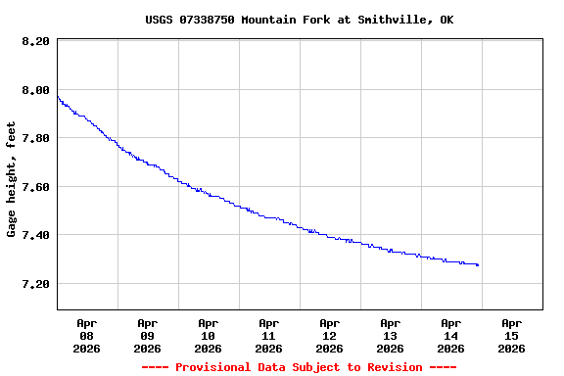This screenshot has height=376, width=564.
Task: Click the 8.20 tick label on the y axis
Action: coord(34,41)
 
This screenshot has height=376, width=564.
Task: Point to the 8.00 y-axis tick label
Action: coord(34,90)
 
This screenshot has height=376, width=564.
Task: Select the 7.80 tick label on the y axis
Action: coord(34,138)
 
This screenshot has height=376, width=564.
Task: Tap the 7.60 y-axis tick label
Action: coord(34,187)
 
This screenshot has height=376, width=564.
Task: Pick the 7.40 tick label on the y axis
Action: coord(34,235)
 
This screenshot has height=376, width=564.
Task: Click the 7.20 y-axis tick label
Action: coord(34,284)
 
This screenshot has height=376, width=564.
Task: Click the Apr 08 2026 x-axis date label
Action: coord(87,335)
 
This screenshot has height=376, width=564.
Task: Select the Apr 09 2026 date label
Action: coord(148,335)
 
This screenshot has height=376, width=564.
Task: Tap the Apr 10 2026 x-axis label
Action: coord(209,335)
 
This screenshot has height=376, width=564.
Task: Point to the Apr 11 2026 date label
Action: coord(269,335)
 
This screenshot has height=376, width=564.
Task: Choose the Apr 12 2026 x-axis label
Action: coord(330,335)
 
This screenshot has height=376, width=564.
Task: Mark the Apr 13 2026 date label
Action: coord(391,335)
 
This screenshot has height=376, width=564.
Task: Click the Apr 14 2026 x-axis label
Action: coord(451,335)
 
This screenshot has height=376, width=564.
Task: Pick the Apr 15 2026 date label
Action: coord(512,335)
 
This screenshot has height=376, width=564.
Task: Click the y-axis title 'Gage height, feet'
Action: coord(12,179)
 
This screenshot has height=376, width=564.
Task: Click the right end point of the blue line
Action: coord(477,264)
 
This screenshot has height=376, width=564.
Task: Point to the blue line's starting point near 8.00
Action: coord(58,96)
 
